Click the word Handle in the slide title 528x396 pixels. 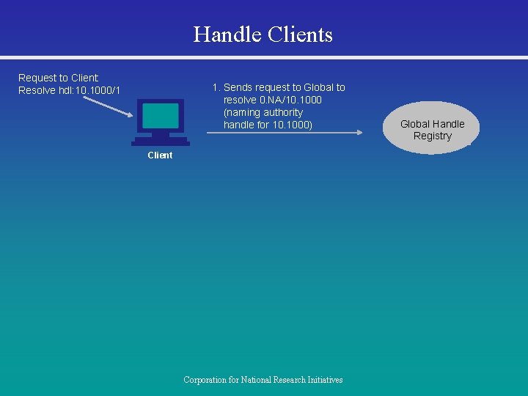point(228,34)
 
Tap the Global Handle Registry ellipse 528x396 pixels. point(431,128)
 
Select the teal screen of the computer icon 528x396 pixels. point(161,115)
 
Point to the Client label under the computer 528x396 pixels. point(160,155)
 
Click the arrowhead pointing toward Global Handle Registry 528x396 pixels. point(359,132)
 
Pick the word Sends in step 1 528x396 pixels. point(239,87)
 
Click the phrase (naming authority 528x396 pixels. point(263,112)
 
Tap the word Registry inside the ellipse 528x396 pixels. point(432,136)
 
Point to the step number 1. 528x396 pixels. point(215,87)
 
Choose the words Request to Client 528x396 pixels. point(58,78)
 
